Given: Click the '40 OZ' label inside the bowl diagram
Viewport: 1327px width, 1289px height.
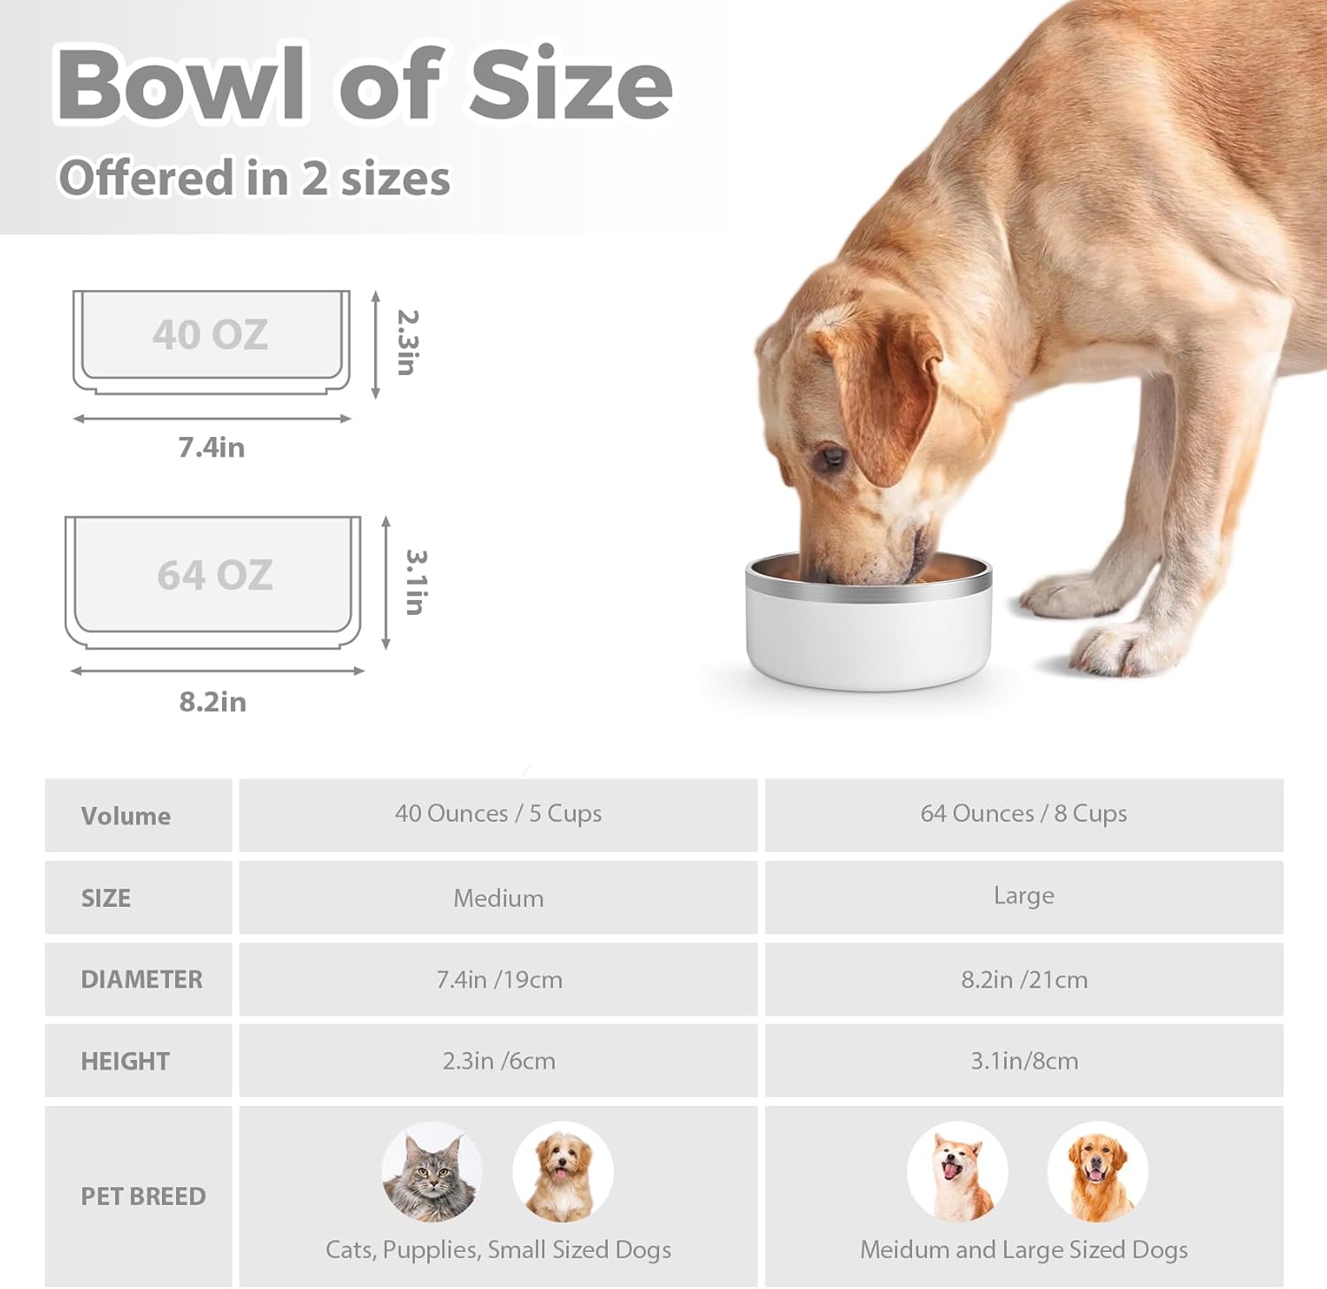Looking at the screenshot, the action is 210,334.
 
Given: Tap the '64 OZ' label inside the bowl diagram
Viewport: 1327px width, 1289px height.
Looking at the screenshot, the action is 215,575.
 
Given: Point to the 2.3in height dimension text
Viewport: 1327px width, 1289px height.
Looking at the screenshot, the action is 407,342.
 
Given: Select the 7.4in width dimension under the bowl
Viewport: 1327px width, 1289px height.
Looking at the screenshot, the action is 211,447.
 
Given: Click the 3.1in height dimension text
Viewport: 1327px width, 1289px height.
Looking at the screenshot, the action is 416,582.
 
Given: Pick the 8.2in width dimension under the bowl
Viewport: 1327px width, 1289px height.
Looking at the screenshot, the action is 212,702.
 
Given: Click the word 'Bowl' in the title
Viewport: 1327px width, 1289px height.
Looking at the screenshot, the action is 182,84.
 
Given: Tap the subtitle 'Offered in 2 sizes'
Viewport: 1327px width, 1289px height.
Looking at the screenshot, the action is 254,178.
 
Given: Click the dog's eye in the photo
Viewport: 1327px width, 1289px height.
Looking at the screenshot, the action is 831,457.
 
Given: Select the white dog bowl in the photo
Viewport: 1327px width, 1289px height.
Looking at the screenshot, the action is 869,623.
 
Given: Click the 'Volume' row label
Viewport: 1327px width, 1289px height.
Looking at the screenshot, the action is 126,816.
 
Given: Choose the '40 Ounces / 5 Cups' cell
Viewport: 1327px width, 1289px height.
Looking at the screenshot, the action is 498,814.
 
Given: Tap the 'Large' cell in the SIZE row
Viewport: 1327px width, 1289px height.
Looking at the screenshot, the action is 1024,896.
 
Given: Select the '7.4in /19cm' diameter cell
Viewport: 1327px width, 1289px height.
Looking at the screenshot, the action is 499,979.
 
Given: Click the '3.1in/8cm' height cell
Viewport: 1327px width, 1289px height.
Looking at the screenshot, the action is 1024,1061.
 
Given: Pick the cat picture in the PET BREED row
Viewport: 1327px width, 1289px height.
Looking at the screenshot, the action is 432,1172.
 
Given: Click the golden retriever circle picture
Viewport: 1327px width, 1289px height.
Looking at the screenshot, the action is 1097,1172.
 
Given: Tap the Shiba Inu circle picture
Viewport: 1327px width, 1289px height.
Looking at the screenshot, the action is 957,1172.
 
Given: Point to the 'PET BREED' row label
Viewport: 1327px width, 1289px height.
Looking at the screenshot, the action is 143,1196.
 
